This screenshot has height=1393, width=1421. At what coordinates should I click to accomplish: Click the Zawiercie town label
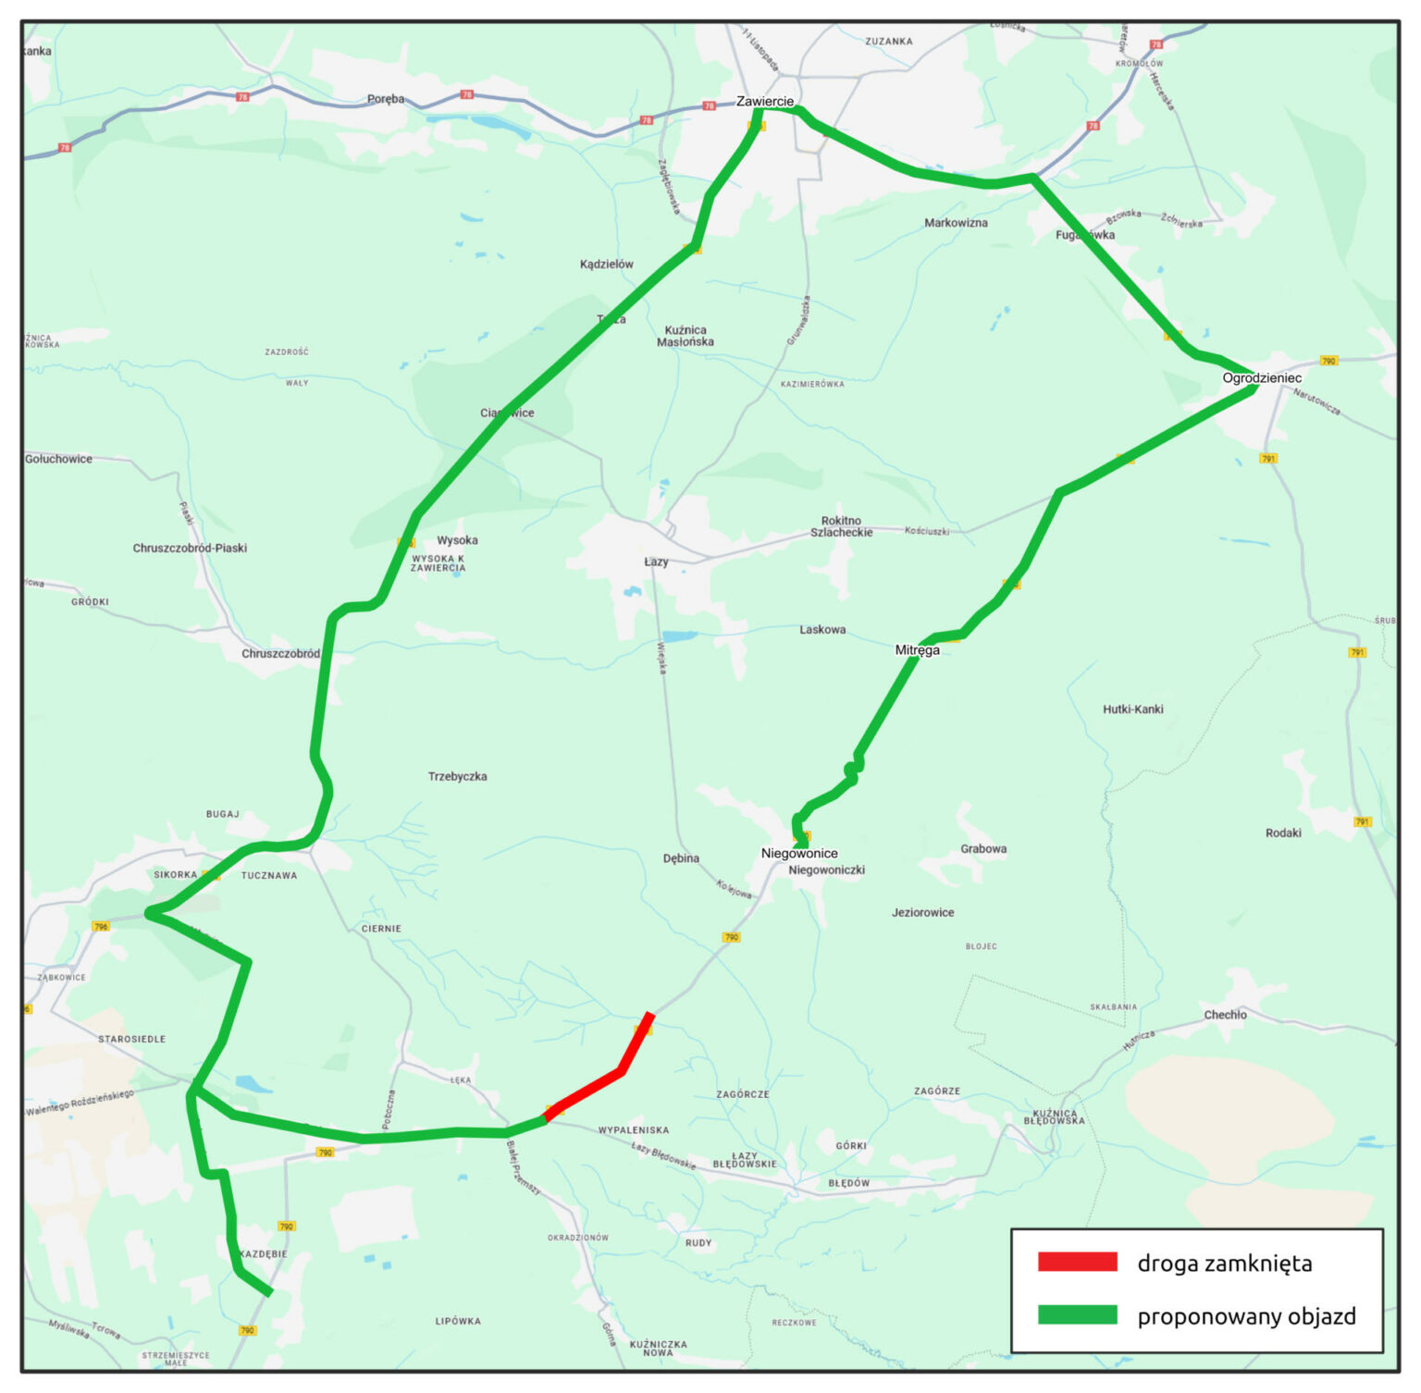(764, 101)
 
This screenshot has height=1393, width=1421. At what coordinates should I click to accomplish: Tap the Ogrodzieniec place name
(1261, 377)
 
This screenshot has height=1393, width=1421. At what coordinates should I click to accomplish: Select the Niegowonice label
(799, 853)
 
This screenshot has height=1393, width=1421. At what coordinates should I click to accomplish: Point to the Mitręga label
(917, 650)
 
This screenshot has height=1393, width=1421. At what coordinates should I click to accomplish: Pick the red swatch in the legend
(1077, 1262)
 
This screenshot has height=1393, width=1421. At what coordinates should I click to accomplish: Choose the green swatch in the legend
(1077, 1314)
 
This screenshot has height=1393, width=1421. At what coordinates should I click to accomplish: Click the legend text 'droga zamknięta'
(1224, 1263)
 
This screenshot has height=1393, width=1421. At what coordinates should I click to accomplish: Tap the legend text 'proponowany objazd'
(1246, 1315)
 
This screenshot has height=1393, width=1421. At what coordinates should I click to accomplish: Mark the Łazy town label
(656, 561)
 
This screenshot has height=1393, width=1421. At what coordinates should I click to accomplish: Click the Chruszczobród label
(280, 653)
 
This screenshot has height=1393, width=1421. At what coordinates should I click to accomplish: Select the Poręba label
(386, 99)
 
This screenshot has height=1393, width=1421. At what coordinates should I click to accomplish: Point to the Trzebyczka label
(457, 776)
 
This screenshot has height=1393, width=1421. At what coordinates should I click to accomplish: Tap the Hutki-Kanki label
(1132, 709)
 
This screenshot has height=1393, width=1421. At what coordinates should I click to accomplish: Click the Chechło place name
(1225, 1015)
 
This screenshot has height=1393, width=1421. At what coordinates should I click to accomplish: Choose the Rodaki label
(1282, 832)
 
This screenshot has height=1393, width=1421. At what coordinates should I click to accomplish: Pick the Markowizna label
(956, 223)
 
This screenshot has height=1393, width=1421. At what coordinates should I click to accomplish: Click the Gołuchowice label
(59, 459)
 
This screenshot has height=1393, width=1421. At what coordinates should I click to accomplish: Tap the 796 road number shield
(101, 926)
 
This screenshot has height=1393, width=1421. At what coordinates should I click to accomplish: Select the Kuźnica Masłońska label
(685, 336)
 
